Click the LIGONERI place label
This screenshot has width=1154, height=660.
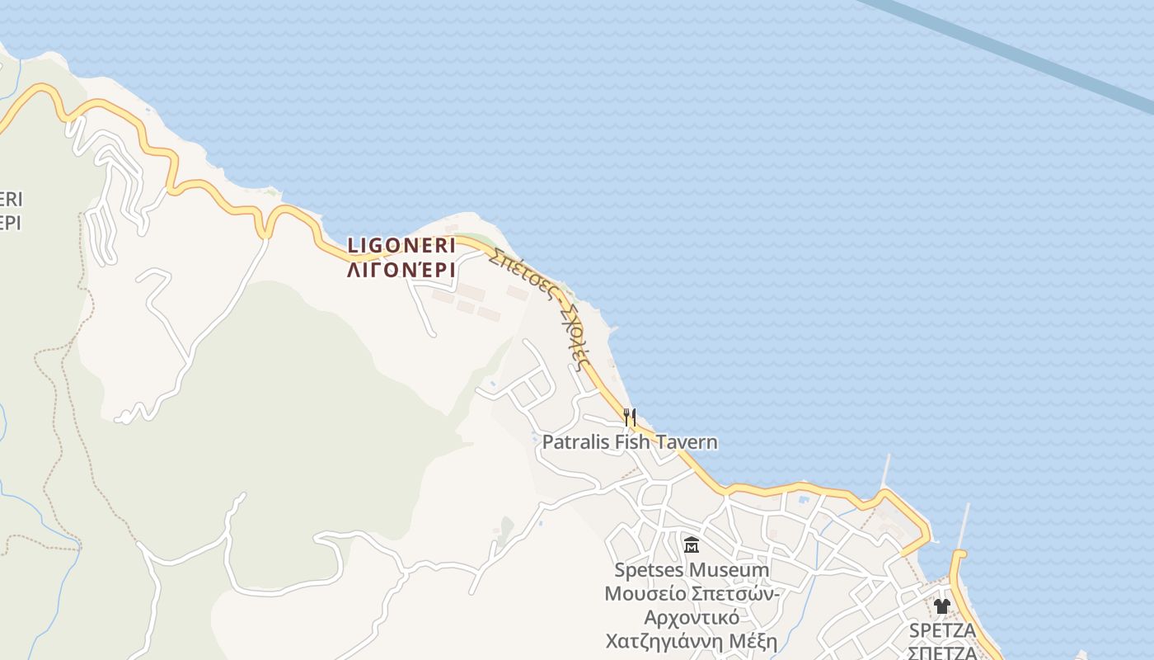(x=401, y=245)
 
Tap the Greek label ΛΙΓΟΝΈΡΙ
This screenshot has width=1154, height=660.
(x=401, y=270)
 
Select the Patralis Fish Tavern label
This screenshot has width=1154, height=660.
(x=630, y=442)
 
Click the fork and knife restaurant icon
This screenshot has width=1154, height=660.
(x=630, y=417)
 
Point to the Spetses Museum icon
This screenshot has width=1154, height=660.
(x=692, y=545)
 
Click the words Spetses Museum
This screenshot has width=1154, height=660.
(x=692, y=570)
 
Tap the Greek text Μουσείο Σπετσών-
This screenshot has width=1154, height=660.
(x=692, y=594)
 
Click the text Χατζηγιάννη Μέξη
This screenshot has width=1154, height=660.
(x=692, y=642)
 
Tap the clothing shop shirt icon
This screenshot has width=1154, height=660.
(x=942, y=606)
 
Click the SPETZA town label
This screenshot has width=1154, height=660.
(x=942, y=631)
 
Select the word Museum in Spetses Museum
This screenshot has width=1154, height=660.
(x=729, y=570)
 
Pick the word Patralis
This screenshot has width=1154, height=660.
(x=575, y=442)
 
